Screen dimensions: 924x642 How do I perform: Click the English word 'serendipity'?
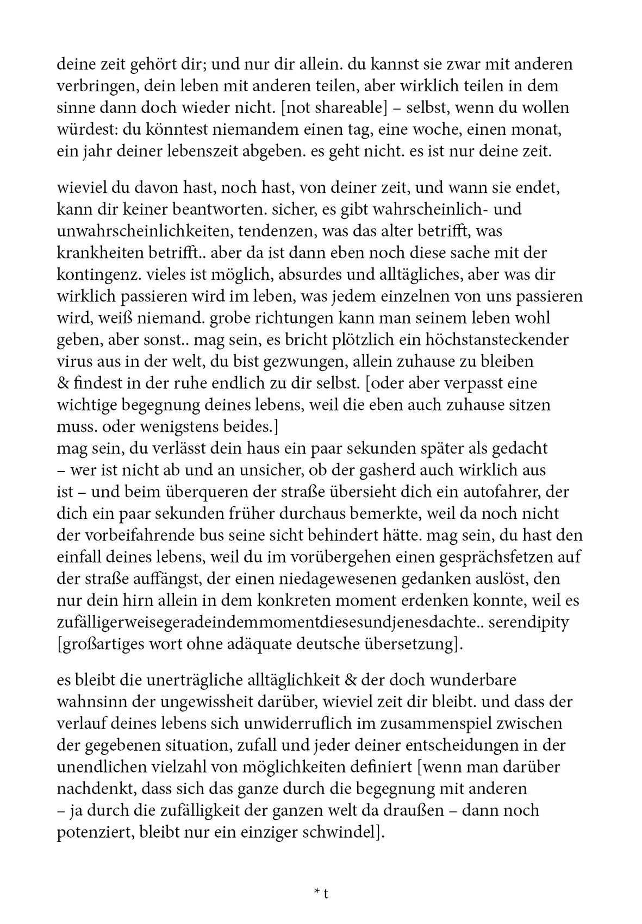[x=529, y=622]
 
